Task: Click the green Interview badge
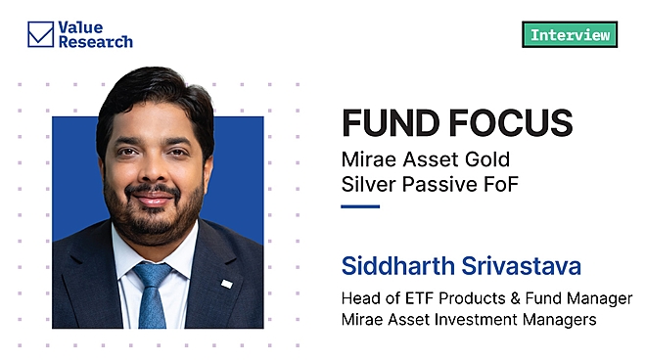point(570,35)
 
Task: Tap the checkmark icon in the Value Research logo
point(40,35)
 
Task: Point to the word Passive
point(431,183)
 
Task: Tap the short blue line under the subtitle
point(359,206)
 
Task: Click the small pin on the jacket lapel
point(226,284)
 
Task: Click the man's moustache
point(154,192)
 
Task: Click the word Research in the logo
point(95,43)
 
